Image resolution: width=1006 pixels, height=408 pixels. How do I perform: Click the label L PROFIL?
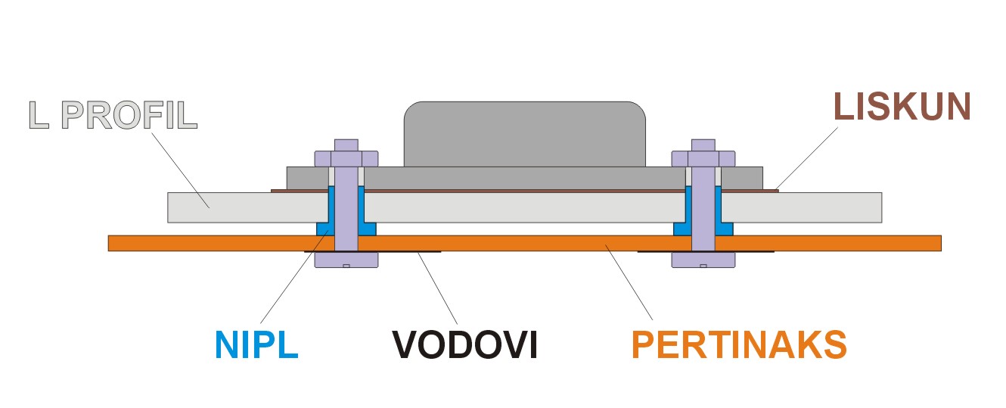tap(113, 114)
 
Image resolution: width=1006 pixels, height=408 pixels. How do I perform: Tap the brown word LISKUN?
tap(902, 107)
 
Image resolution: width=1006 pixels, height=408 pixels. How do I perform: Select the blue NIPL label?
tap(257, 344)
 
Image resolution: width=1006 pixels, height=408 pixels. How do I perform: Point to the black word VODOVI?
tap(464, 344)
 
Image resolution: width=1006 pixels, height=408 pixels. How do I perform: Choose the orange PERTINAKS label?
tap(738, 344)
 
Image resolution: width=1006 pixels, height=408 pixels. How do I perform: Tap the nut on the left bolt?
tap(346, 158)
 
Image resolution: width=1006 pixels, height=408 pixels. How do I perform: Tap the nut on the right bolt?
tap(703, 158)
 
